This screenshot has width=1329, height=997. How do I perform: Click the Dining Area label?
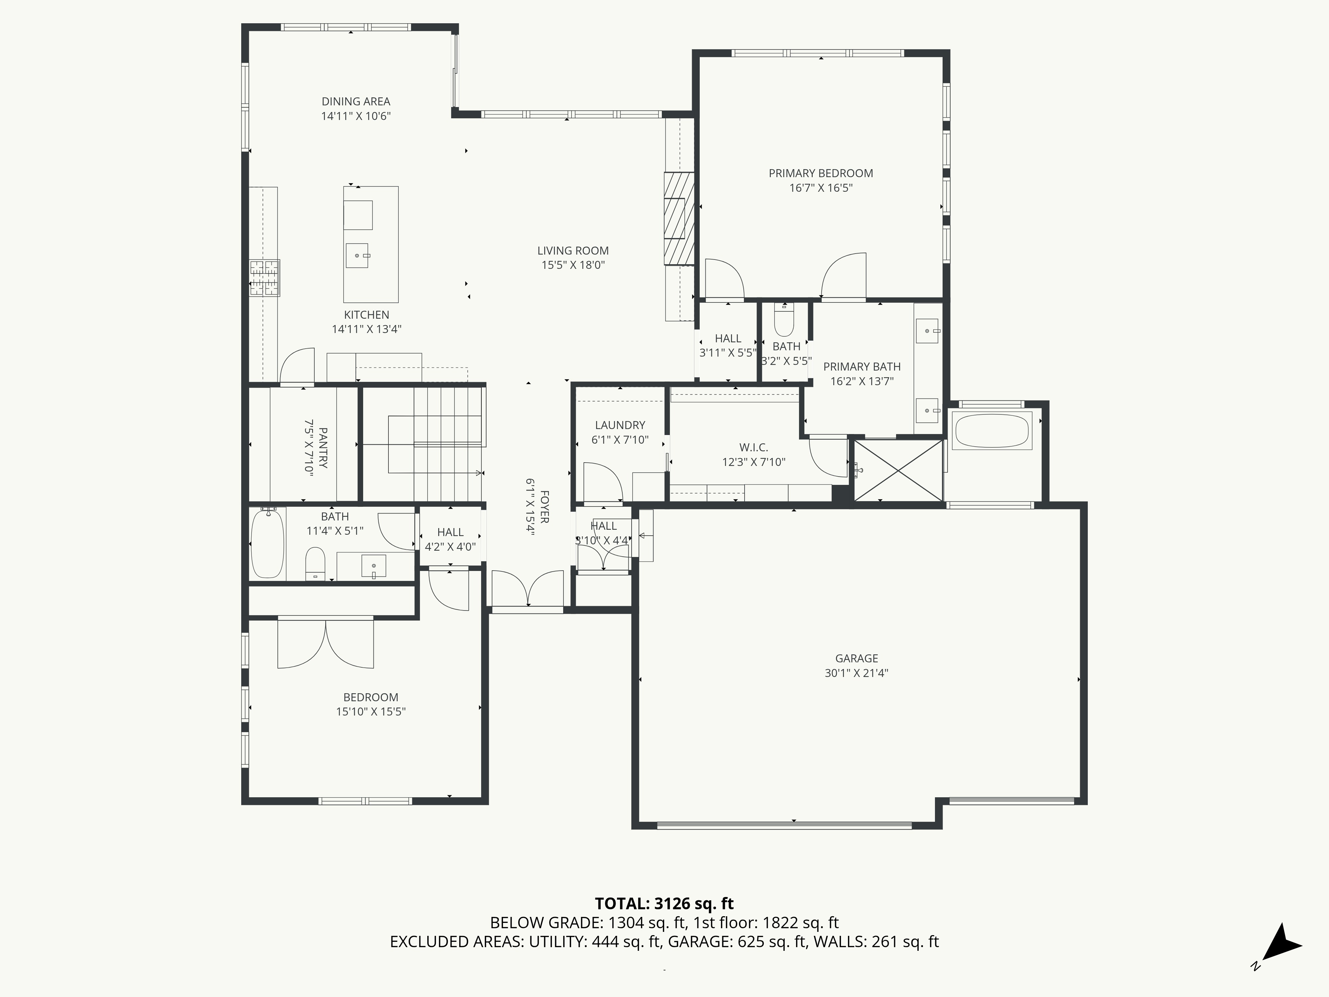[356, 102]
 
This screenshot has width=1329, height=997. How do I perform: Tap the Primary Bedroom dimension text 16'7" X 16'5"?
[821, 187]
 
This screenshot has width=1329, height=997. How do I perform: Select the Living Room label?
[572, 251]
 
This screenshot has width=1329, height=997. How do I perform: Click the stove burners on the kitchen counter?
[265, 277]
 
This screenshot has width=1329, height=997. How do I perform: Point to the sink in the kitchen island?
[358, 256]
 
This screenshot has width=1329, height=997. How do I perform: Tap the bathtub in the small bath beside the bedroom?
[267, 543]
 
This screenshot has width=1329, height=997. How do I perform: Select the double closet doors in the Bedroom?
[326, 643]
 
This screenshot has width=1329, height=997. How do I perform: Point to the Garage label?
[856, 658]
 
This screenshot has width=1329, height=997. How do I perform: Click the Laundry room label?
[620, 425]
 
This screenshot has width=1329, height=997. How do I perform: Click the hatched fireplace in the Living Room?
[679, 219]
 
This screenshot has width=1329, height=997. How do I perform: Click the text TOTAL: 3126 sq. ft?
[664, 903]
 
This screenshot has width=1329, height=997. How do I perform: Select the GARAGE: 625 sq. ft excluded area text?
[737, 942]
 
